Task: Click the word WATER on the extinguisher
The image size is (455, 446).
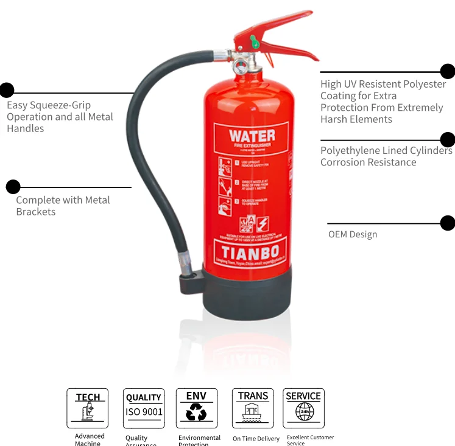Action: click(252, 135)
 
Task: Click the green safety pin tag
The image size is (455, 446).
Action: click(254, 42)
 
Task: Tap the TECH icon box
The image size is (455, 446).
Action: click(88, 408)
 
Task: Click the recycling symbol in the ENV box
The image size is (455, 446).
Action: click(196, 414)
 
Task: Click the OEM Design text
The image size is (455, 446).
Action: click(353, 234)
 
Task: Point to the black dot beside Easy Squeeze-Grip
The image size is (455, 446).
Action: click(6, 90)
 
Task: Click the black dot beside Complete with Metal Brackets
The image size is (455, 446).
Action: click(13, 187)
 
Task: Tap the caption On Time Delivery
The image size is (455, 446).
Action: click(256, 438)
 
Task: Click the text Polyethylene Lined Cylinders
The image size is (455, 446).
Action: click(386, 150)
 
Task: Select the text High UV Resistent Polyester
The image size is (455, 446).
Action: click(383, 85)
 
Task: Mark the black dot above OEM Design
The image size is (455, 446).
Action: click(448, 223)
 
